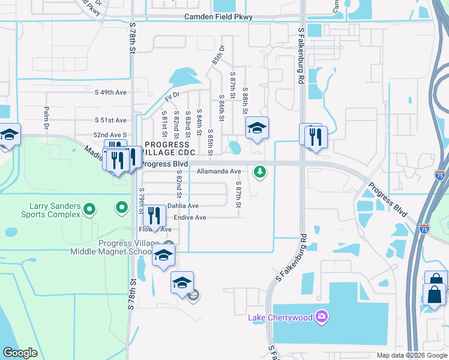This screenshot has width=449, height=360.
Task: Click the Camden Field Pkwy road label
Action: click(218, 17)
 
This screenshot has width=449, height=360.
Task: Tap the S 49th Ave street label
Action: click(111, 92)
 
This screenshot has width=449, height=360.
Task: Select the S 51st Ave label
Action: click(111, 120)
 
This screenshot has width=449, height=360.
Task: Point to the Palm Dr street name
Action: click(46, 119)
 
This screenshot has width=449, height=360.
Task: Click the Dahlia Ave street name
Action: click(182, 206)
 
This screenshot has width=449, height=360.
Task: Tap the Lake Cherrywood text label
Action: click(281, 316)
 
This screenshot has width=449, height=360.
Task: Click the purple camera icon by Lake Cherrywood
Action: click(322, 316)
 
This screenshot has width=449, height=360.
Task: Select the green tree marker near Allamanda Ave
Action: click(259, 172)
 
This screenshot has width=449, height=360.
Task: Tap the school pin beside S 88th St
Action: click(257, 128)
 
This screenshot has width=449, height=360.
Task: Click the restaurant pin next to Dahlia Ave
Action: click(154, 215)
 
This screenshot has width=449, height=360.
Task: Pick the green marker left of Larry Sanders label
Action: click(89, 209)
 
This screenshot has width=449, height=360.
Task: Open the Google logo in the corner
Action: click(20, 353)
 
